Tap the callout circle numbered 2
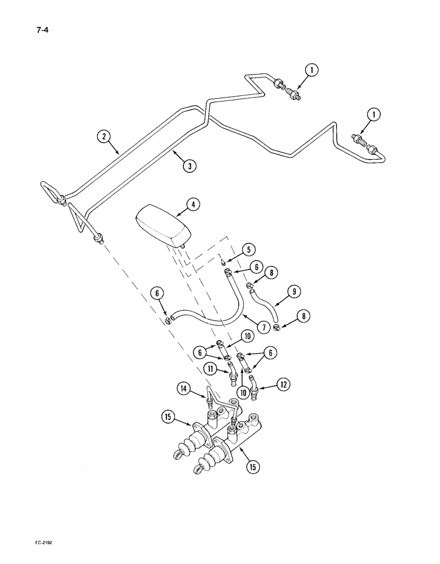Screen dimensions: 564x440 point(102,136)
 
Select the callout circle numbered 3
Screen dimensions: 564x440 point(190,166)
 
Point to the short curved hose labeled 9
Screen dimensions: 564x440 point(264,301)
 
